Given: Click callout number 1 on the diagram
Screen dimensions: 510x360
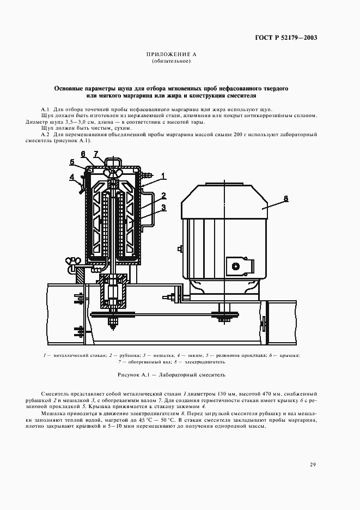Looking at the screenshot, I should pos(163,176).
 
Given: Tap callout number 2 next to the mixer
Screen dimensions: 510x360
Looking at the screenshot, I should pos(163,195).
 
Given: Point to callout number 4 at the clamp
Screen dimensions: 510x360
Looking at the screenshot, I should pos(71,177).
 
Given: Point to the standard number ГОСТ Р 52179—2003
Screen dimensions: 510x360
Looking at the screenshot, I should pos(286,38).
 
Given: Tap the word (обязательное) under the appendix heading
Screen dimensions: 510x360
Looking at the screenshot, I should pos(170,61).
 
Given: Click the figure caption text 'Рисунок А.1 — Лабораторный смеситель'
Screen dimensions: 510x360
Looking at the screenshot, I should pos(171,375).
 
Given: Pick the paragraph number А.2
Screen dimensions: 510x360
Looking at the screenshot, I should pos(45,133).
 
